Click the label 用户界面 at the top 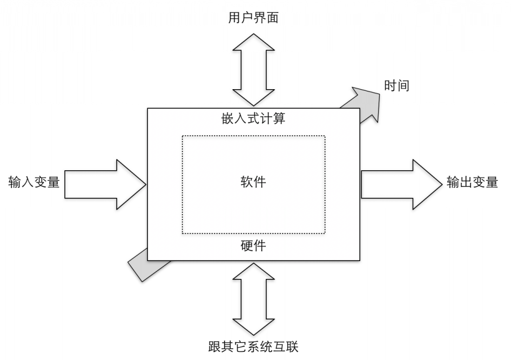253,18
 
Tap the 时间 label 396,86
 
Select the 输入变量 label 34,182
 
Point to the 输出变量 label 472,182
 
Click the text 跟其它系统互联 253,346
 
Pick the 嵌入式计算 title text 253,118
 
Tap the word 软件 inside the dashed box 253,182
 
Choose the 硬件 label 253,245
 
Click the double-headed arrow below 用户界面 253,70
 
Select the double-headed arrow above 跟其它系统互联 253,299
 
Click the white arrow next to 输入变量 105,184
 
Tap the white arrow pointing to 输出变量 401,184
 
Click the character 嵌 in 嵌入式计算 228,118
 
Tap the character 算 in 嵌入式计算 279,118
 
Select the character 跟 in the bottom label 215,346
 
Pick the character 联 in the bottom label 292,346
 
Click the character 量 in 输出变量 492,182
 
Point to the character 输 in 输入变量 15,182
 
